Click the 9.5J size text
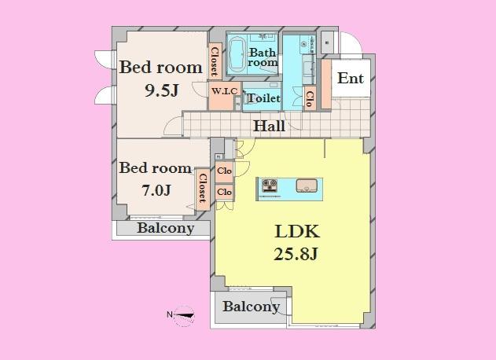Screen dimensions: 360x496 point(161,90)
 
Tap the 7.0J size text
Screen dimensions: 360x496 point(156,189)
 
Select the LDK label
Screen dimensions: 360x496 point(296,232)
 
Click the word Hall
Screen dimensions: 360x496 point(269,126)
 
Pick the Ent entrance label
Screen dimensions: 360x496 point(350,79)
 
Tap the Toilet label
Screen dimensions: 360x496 point(263,99)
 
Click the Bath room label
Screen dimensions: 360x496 point(263,57)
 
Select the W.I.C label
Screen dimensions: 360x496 point(224,91)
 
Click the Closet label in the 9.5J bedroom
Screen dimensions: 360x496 point(215,61)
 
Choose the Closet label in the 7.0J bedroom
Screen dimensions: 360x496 point(202,189)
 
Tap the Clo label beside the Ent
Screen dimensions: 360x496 point(310,98)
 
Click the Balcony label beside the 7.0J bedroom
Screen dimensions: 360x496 point(165,229)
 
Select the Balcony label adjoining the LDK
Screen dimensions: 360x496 point(251,307)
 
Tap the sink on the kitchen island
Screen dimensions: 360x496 point(307,186)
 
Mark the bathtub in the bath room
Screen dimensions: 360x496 point(235,54)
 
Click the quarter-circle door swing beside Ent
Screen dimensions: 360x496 point(347,44)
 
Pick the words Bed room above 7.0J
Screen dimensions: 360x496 point(155,167)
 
